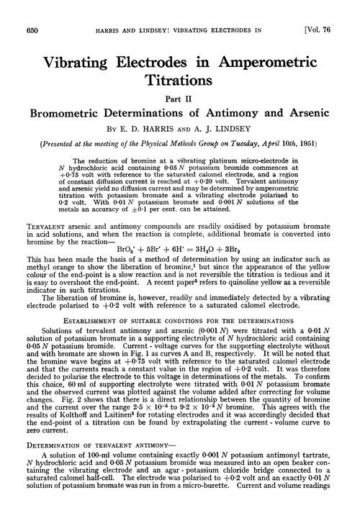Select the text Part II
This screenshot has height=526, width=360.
point(179,90)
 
